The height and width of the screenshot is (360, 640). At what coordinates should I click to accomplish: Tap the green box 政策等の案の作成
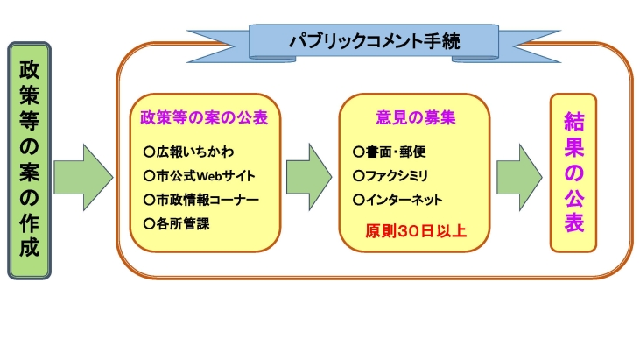pos(29,160)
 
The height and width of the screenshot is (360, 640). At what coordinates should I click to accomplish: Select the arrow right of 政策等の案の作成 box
pos(83,172)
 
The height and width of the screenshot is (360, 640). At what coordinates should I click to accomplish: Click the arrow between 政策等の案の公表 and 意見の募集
pos(308,172)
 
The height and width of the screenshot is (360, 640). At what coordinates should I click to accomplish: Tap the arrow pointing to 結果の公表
pos(519,172)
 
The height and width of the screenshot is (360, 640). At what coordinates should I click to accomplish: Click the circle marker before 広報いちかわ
pos(149,151)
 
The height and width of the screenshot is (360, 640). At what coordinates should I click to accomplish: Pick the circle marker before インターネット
pos(357,200)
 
